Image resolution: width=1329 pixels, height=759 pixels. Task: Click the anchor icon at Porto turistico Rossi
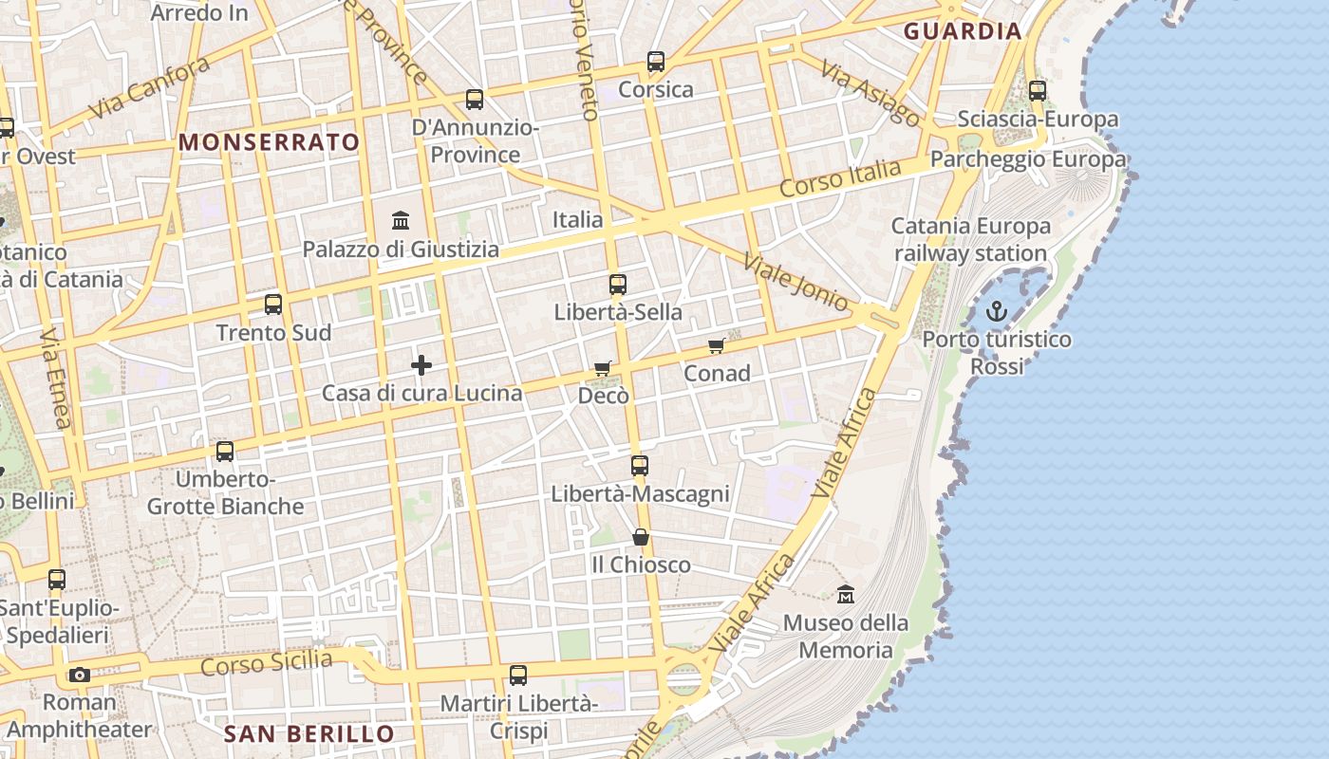pos(996,310)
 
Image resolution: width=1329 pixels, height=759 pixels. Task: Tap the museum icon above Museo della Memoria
pos(846,595)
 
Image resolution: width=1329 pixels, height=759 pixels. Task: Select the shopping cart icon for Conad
pos(717,345)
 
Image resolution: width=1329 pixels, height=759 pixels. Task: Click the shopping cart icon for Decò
pos(603,367)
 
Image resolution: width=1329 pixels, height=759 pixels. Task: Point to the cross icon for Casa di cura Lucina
pos(421,365)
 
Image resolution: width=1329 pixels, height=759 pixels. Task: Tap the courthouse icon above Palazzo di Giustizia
pos(401,221)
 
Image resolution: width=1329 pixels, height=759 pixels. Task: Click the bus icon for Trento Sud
pos(273,305)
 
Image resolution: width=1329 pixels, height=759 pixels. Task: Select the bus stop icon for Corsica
pos(656,62)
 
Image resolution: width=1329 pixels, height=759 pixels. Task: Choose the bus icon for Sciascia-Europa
pos(1038,91)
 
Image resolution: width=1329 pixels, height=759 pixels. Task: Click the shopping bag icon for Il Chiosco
pos(641,537)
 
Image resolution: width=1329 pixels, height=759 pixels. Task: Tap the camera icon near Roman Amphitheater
pos(80,675)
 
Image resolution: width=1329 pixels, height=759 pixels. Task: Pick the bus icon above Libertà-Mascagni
pos(640,466)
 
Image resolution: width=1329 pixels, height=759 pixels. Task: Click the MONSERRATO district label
pos(270,143)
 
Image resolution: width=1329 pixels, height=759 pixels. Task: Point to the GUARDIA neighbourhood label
pos(963,31)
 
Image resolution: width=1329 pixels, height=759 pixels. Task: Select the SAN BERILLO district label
pos(309,733)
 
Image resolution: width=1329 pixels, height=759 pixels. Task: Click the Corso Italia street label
pos(840,178)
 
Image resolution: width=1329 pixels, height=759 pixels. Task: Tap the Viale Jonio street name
pos(796,282)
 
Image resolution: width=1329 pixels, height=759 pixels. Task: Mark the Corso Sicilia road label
pos(267,661)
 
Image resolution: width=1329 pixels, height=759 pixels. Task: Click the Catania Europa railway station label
pos(970,240)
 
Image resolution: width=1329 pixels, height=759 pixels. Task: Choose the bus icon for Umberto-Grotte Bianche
pos(225,452)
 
